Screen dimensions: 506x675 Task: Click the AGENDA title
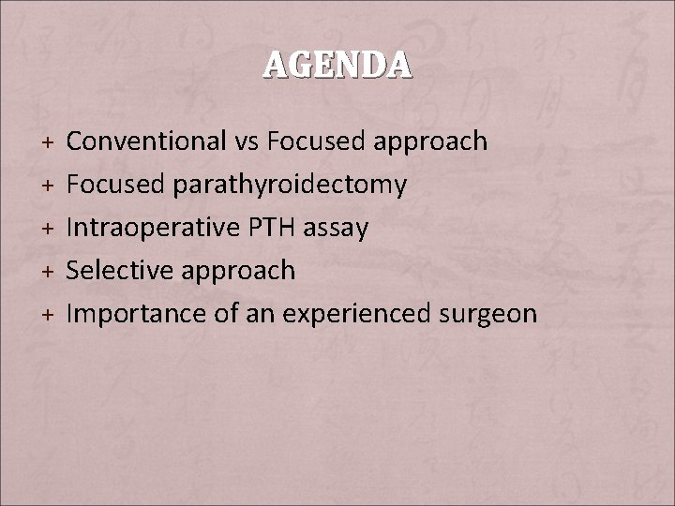coord(337,64)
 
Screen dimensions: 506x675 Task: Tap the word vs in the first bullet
coord(247,141)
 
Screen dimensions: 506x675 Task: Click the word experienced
coord(348,314)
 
